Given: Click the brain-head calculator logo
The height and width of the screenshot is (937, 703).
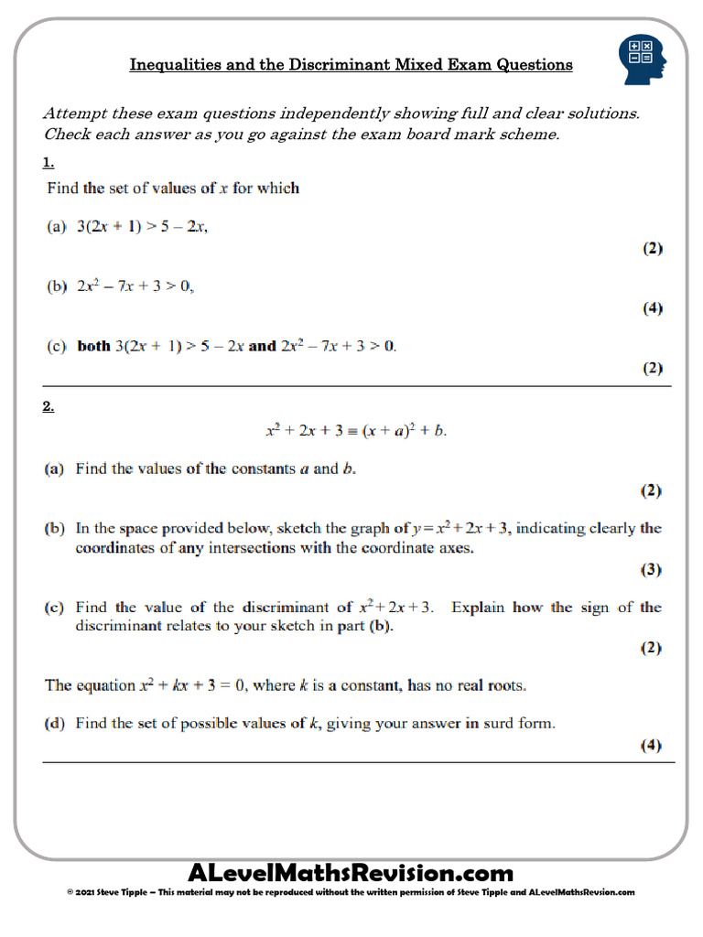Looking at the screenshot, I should pyautogui.click(x=643, y=60).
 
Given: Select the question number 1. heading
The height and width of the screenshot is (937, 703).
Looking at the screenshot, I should pyautogui.click(x=49, y=163).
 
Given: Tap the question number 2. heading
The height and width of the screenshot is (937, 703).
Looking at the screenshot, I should pyautogui.click(x=49, y=407).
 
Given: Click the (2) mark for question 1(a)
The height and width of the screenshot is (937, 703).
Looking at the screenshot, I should pyautogui.click(x=651, y=248).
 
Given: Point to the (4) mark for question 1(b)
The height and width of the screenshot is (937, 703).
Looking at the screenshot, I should pyautogui.click(x=651, y=308).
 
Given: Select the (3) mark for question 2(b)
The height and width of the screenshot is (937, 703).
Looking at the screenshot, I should pyautogui.click(x=650, y=569).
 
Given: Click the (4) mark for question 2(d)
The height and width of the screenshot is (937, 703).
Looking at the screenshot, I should pyautogui.click(x=650, y=745).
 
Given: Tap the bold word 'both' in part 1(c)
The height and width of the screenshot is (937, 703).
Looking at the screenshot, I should pyautogui.click(x=93, y=346).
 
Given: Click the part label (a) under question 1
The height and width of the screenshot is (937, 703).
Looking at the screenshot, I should pyautogui.click(x=57, y=228).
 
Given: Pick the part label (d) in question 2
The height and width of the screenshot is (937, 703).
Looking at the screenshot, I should pyautogui.click(x=56, y=723).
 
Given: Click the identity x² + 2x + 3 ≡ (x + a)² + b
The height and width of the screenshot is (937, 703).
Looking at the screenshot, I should pyautogui.click(x=356, y=431).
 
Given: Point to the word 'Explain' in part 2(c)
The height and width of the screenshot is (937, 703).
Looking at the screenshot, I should pyautogui.click(x=480, y=607).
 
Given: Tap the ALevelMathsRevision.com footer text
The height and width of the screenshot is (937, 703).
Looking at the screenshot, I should pyautogui.click(x=351, y=872).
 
